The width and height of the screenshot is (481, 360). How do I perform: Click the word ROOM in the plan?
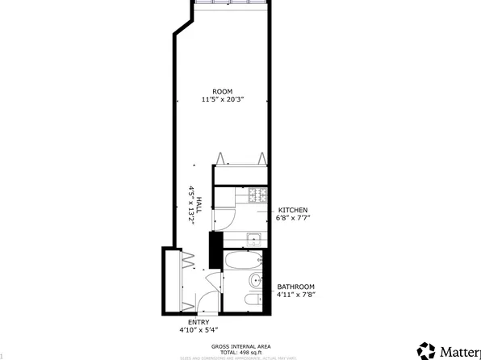(223, 90)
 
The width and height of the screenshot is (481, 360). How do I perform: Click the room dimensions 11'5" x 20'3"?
(223, 99)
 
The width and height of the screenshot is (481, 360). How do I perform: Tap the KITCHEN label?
(293, 210)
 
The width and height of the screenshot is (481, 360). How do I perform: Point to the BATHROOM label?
(296, 287)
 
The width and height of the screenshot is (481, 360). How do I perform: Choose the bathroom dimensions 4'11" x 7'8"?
(296, 295)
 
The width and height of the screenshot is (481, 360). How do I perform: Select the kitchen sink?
(253, 238)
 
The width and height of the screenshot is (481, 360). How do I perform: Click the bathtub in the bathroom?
(242, 260)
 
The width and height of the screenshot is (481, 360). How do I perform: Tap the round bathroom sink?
(255, 281)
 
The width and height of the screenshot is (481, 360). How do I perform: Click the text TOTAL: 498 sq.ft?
(240, 353)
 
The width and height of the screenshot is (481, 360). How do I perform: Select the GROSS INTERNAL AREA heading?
(240, 346)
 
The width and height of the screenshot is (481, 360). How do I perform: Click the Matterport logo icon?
(425, 350)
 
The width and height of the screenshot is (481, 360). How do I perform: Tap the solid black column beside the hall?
(215, 249)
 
